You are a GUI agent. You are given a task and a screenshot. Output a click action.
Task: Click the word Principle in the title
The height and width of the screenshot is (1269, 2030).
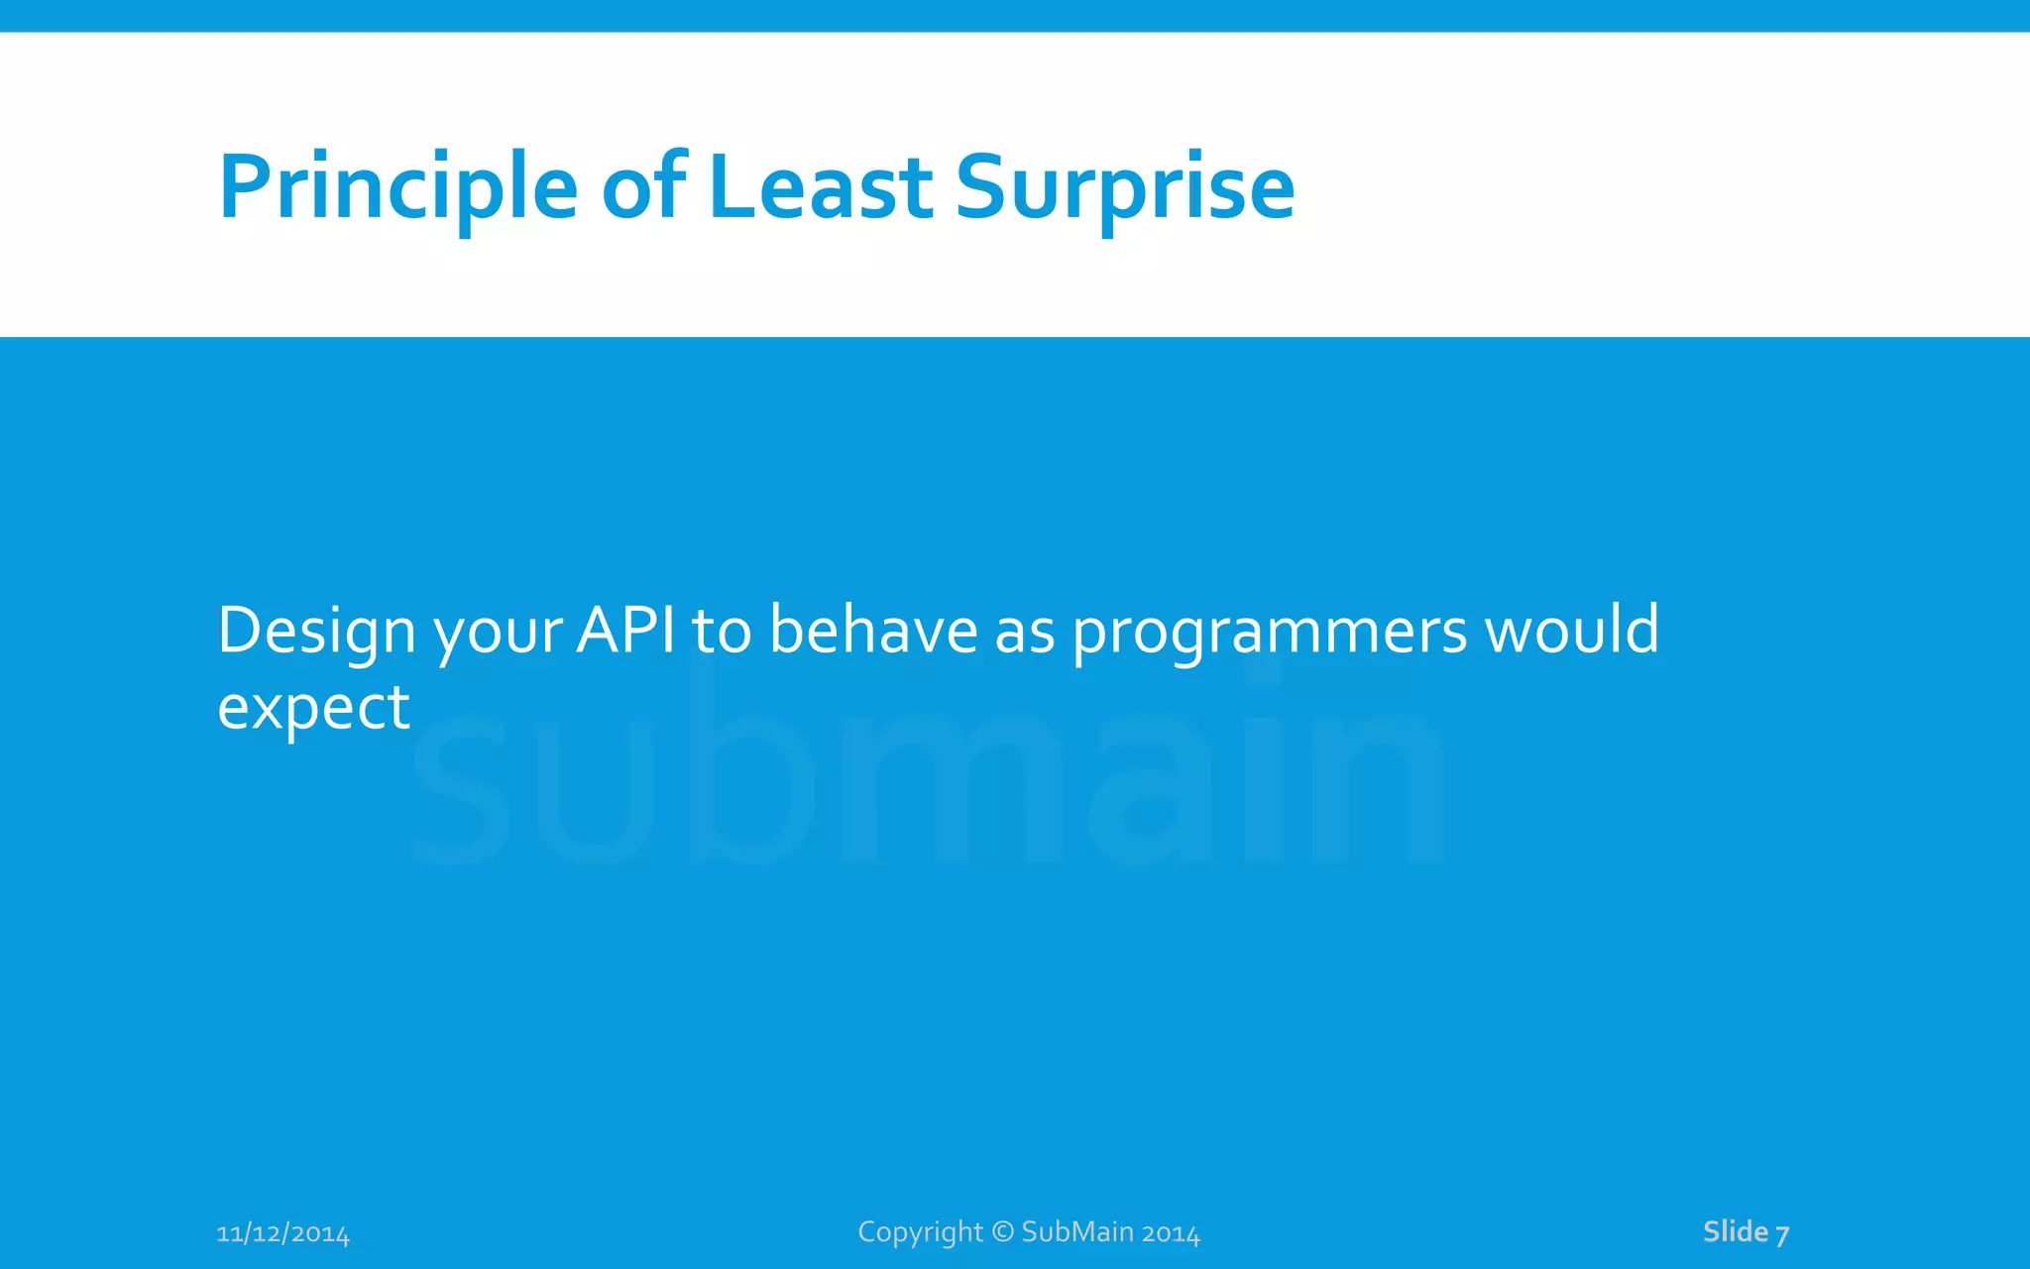click(396, 188)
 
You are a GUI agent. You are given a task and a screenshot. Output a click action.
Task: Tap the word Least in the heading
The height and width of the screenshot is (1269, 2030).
click(820, 188)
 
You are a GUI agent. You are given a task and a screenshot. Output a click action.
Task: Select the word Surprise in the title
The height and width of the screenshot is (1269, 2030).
click(1124, 188)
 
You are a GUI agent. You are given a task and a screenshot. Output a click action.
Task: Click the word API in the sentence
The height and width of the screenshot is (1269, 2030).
click(626, 631)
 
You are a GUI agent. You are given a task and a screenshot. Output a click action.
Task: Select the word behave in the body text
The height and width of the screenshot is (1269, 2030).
click(873, 631)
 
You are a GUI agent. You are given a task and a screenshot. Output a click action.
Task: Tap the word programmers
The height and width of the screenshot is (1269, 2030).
click(1270, 633)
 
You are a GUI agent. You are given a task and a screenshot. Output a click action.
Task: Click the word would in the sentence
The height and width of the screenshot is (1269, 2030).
click(1572, 631)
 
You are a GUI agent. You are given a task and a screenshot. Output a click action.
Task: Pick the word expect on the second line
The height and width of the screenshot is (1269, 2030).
click(313, 710)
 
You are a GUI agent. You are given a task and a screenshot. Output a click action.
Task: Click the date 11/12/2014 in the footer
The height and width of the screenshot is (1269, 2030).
click(282, 1233)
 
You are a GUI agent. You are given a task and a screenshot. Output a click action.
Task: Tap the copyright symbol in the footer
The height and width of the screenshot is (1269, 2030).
click(1002, 1231)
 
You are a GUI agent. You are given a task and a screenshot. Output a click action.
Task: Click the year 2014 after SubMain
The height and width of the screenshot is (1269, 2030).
click(1171, 1232)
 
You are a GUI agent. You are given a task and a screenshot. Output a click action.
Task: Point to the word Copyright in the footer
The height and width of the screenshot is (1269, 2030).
click(920, 1232)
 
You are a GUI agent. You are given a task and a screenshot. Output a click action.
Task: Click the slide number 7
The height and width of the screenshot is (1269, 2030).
click(1782, 1233)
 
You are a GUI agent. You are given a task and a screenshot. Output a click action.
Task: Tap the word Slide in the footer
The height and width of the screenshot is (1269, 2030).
click(1735, 1231)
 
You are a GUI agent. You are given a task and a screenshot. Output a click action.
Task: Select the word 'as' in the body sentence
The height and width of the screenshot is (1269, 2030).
click(1024, 633)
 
